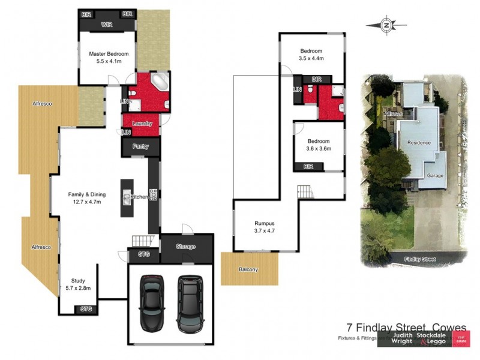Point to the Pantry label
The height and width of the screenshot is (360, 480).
coord(140,146)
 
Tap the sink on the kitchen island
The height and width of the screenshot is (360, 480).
coord(127,197)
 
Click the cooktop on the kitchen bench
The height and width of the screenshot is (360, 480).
coord(154,194)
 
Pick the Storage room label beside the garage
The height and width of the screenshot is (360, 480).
coord(186,247)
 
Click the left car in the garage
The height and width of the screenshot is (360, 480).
coord(152,303)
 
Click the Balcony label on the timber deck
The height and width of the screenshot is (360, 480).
coord(248,269)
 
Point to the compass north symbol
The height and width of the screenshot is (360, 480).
coord(387,25)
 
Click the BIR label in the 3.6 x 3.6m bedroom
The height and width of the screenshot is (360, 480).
coord(309,166)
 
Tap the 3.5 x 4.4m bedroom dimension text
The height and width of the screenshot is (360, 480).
coord(311,59)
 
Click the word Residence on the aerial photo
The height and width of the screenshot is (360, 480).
coord(419,143)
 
